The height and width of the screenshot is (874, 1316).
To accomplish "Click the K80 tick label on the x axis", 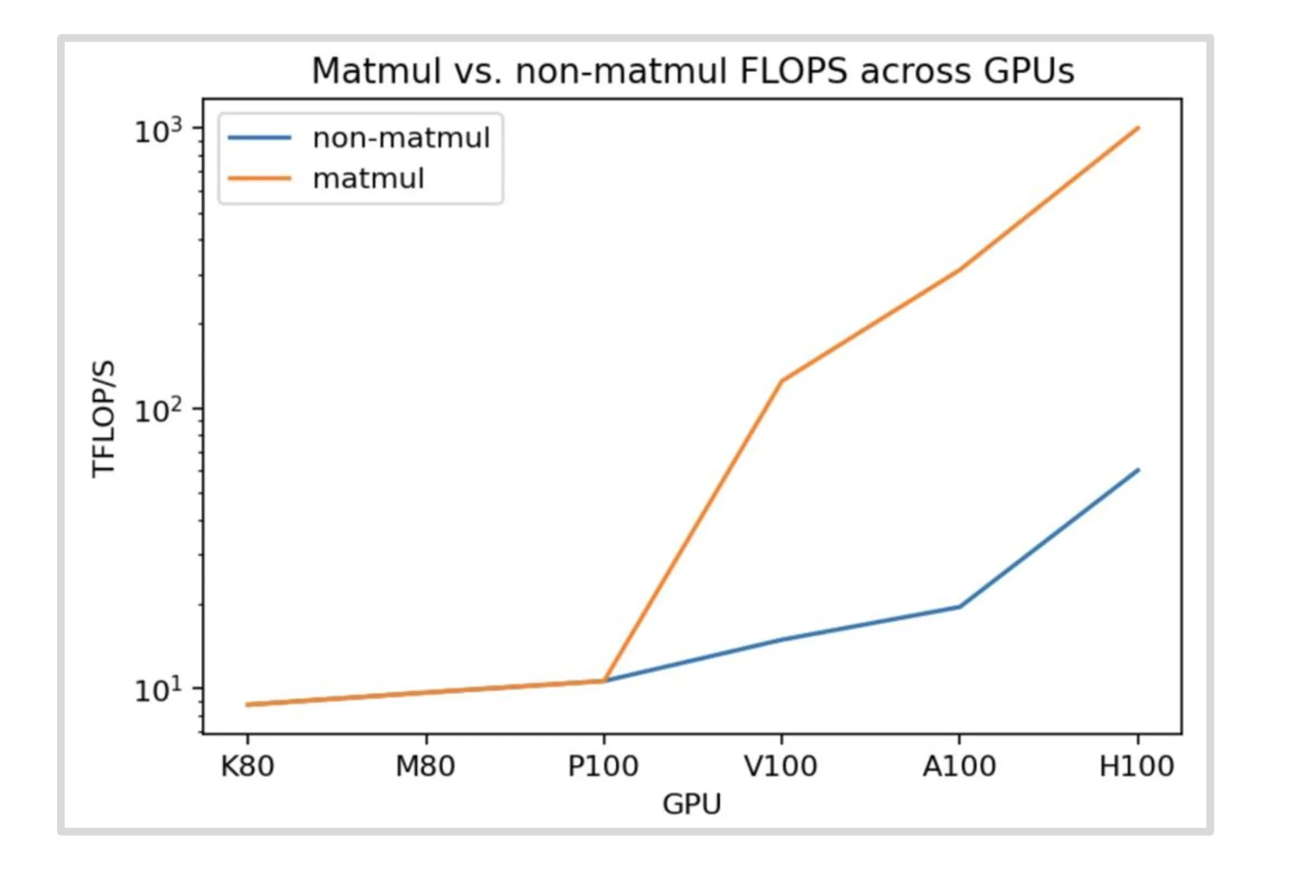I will (248, 766).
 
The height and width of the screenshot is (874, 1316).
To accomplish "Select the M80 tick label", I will (425, 766).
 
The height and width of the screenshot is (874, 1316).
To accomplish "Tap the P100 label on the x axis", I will (603, 766).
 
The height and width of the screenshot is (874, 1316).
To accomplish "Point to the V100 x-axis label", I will (780, 766).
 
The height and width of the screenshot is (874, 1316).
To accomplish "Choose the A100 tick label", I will (959, 766).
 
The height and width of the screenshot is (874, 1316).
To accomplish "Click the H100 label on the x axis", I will (1136, 766).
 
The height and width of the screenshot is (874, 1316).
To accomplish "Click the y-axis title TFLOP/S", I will (103, 419).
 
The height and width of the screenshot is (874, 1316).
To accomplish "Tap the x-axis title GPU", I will (692, 804).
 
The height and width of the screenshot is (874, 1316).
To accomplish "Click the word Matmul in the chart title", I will (376, 71).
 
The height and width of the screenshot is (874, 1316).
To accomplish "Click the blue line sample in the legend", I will (260, 138).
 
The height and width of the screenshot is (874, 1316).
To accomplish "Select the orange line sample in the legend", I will (260, 178).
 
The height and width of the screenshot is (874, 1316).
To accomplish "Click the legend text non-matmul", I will (401, 138).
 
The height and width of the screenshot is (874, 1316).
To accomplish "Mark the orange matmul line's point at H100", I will (1138, 128).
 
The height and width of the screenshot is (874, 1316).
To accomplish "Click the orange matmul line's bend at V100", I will (781, 381).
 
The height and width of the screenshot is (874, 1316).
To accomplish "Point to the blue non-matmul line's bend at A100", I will (959, 606).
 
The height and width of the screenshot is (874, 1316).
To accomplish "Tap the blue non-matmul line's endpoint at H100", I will (1138, 470).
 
